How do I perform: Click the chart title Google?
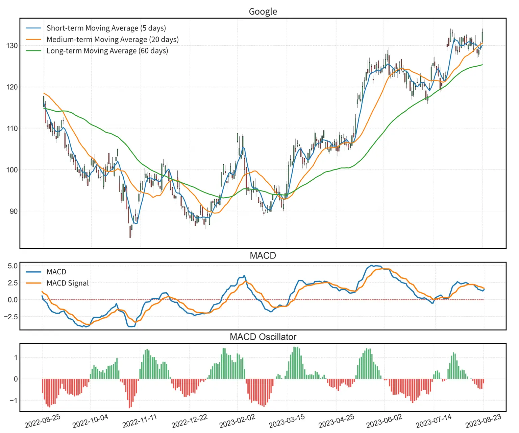(263, 12)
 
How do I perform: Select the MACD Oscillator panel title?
(263, 337)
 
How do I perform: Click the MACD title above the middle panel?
(263, 255)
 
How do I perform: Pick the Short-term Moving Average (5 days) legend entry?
(106, 28)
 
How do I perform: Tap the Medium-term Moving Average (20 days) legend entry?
(112, 40)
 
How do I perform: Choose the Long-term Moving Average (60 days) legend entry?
(107, 51)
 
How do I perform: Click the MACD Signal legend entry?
(68, 283)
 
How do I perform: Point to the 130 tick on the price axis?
(12, 46)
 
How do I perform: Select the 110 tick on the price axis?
(12, 129)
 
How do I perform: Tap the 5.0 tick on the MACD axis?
(13, 266)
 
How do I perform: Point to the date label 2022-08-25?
(43, 421)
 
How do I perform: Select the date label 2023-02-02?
(237, 421)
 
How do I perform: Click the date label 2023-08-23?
(483, 421)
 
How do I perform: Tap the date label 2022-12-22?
(189, 421)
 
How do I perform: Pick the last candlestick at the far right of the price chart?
(482, 37)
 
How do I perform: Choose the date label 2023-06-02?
(384, 421)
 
